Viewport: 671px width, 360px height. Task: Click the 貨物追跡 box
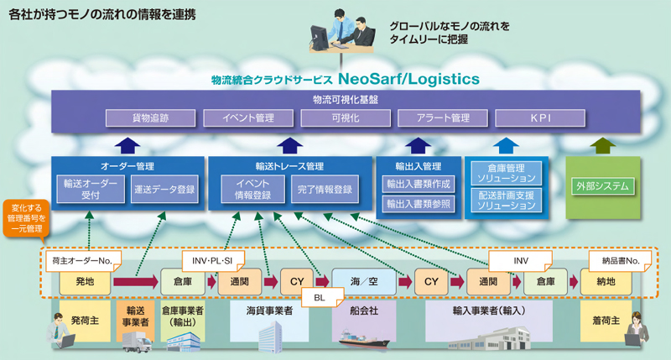151,118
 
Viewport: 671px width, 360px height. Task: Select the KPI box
540,118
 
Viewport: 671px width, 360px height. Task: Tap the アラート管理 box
443,118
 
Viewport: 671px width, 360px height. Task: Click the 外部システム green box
602,186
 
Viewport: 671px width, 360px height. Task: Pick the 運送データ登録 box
164,189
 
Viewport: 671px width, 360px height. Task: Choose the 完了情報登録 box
325,189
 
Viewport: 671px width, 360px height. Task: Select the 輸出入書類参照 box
419,204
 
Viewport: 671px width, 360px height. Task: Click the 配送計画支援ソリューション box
507,201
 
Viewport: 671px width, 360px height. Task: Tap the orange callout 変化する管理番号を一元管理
26,219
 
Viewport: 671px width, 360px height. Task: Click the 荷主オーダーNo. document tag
83,261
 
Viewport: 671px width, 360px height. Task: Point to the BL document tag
322,298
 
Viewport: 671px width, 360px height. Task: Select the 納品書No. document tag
620,261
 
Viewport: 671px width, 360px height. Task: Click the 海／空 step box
364,282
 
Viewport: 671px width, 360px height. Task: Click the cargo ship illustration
364,337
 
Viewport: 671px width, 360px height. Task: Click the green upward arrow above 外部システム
602,145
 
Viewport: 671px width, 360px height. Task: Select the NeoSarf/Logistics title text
408,79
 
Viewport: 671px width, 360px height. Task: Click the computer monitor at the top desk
320,36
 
